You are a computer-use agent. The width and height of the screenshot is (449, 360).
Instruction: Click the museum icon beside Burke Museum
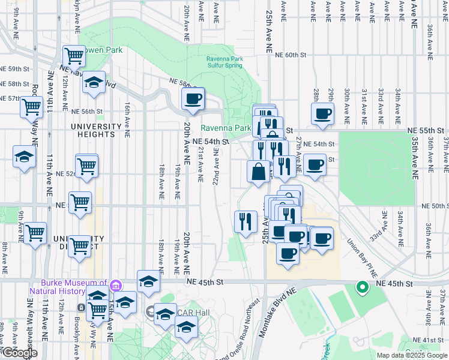click(x=117, y=284)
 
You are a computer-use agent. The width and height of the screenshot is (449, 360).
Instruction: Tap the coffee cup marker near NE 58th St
click(x=193, y=99)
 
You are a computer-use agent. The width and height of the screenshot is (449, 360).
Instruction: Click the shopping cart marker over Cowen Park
click(x=74, y=57)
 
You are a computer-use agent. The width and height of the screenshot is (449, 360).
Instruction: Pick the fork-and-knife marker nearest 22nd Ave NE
click(x=246, y=221)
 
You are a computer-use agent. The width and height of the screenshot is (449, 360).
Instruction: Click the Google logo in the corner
click(x=20, y=353)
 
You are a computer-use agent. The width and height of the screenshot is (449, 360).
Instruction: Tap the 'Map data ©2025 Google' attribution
click(x=411, y=355)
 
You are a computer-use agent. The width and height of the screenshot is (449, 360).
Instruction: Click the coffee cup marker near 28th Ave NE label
click(x=322, y=113)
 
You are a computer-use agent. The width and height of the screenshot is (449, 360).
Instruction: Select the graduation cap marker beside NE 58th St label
click(x=94, y=82)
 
